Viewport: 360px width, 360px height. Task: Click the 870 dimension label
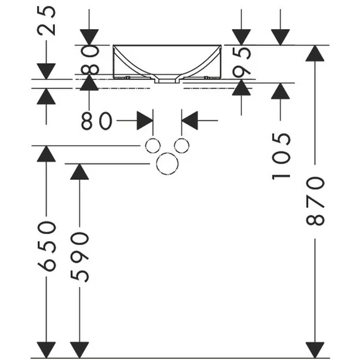tap(316, 201)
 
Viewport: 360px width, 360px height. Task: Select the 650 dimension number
tap(47, 245)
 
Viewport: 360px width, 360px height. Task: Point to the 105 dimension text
tap(282, 156)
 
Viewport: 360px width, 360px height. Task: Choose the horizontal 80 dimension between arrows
tap(97, 121)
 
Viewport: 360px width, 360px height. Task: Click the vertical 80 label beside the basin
tap(90, 60)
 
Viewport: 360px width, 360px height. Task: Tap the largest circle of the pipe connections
tap(167, 162)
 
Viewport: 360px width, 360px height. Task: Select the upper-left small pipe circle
tap(153, 146)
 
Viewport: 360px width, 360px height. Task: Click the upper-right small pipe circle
tap(182, 146)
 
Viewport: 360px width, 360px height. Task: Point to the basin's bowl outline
tap(167, 60)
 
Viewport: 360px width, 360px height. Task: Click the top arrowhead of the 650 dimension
tap(47, 153)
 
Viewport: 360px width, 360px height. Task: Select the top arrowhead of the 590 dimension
tap(80, 171)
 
